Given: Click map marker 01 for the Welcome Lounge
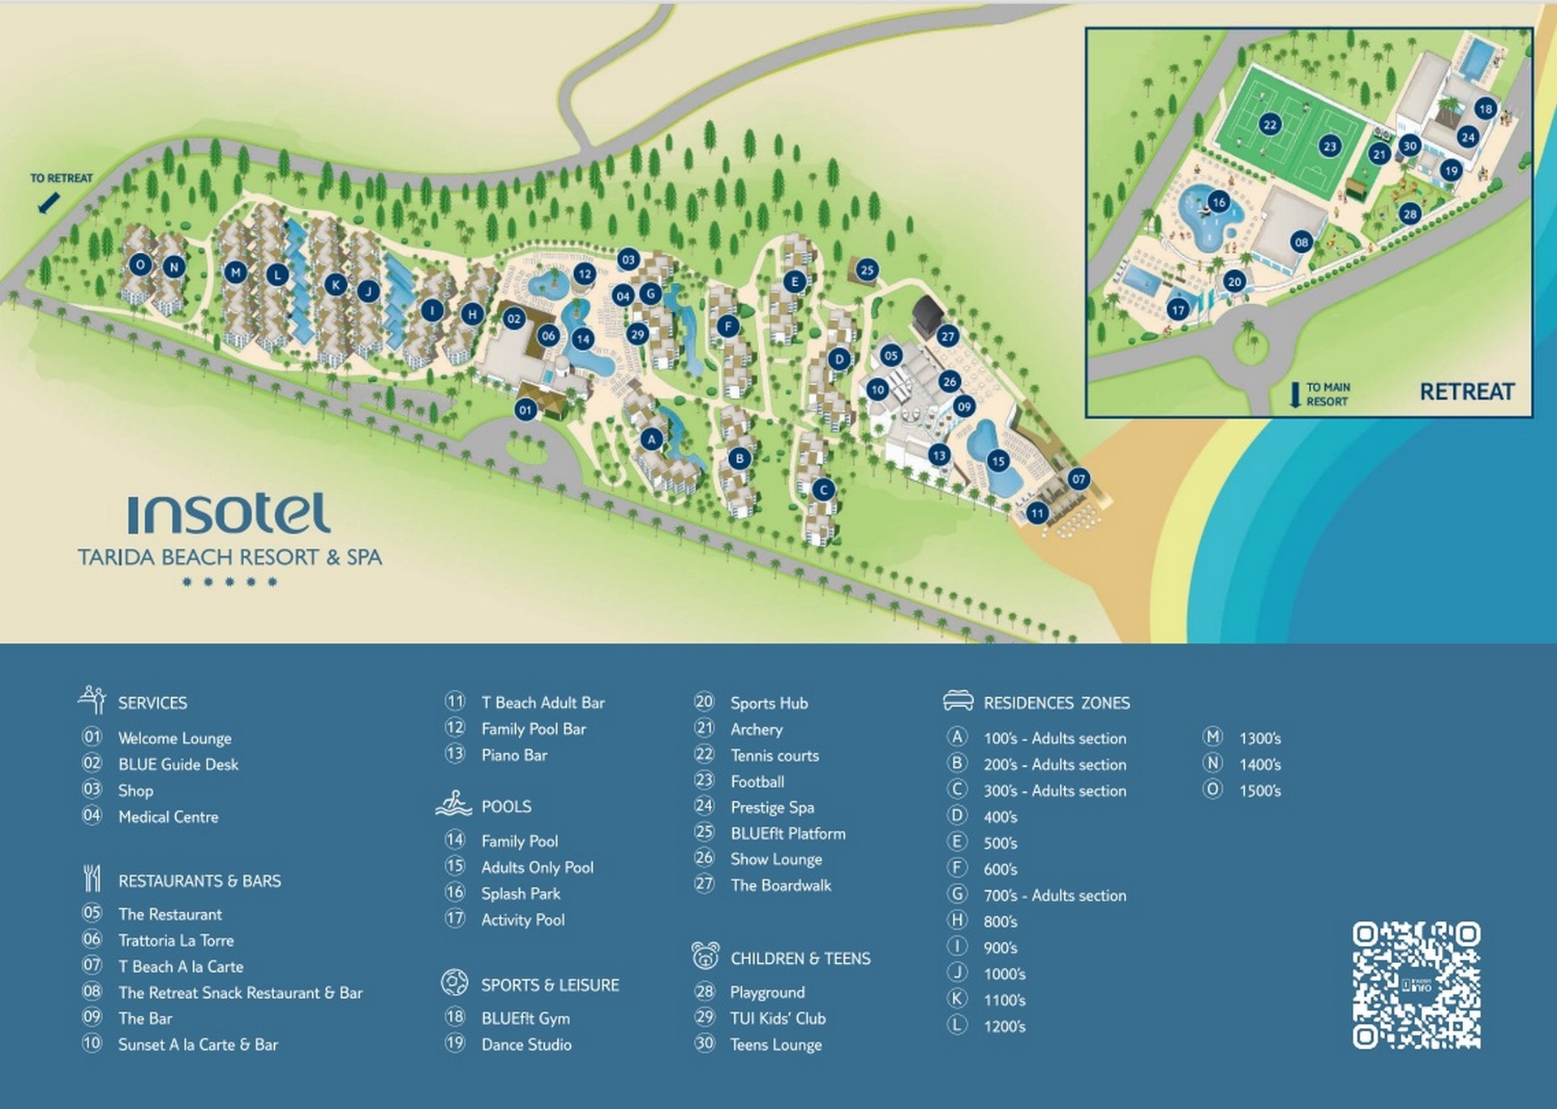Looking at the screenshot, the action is tap(525, 410).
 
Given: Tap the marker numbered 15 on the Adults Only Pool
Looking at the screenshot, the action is tap(997, 461).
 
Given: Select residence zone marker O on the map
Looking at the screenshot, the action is tap(141, 264).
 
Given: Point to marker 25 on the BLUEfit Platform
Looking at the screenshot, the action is tap(867, 270).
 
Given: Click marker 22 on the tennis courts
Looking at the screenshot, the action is tap(1270, 125).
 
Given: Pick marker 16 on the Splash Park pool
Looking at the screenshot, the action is tap(1218, 202).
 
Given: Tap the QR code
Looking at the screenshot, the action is tap(1416, 984).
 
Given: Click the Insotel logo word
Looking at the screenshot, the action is tap(229, 514).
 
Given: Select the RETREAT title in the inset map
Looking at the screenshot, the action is tap(1466, 392).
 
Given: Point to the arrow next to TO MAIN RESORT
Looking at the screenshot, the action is tap(1295, 394).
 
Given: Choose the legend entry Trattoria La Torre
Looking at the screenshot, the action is tap(176, 940).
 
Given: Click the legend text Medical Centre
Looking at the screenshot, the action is tap(168, 816).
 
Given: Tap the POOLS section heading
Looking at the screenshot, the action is tap(506, 807).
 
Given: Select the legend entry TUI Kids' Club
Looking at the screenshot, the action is tap(778, 1018).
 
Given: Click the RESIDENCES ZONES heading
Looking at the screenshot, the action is tap(1056, 703).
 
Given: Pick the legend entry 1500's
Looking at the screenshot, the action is tap(1259, 790).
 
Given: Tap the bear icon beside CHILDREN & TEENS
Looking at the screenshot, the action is tap(706, 956).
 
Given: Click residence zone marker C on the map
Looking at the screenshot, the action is tap(823, 490).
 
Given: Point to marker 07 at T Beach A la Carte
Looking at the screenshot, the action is tap(1078, 479).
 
